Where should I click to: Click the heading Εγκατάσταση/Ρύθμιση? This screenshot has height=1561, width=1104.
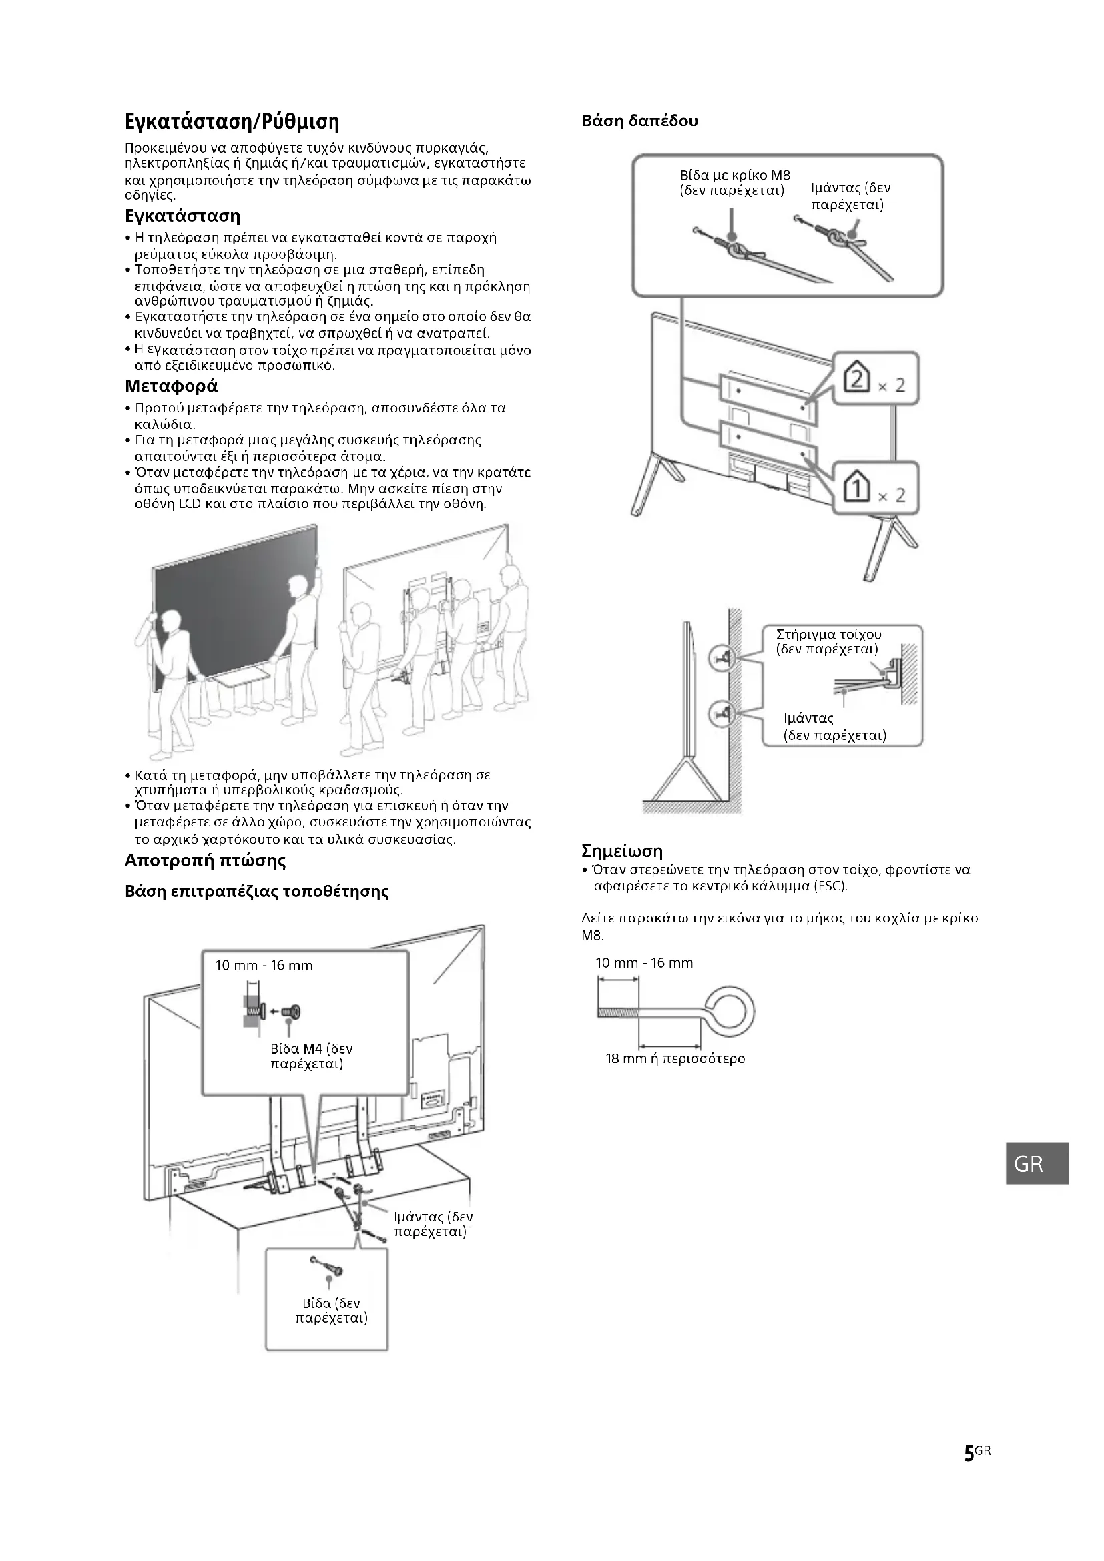pyautogui.click(x=232, y=122)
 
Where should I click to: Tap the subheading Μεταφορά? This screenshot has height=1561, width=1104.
pyautogui.click(x=172, y=386)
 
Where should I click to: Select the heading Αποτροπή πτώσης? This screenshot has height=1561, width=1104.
pyautogui.click(x=206, y=861)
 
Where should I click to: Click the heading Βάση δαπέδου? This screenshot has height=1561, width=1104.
pyautogui.click(x=639, y=121)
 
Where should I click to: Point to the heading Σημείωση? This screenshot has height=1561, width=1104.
pyautogui.click(x=621, y=850)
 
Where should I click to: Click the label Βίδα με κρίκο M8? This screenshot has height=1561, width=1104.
pyautogui.click(x=734, y=176)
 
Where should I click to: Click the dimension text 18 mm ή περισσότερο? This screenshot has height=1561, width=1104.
pyautogui.click(x=675, y=1058)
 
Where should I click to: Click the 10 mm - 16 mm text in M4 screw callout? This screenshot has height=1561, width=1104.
pyautogui.click(x=264, y=966)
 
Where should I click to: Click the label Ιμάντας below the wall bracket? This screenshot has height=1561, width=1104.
pyautogui.click(x=808, y=719)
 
